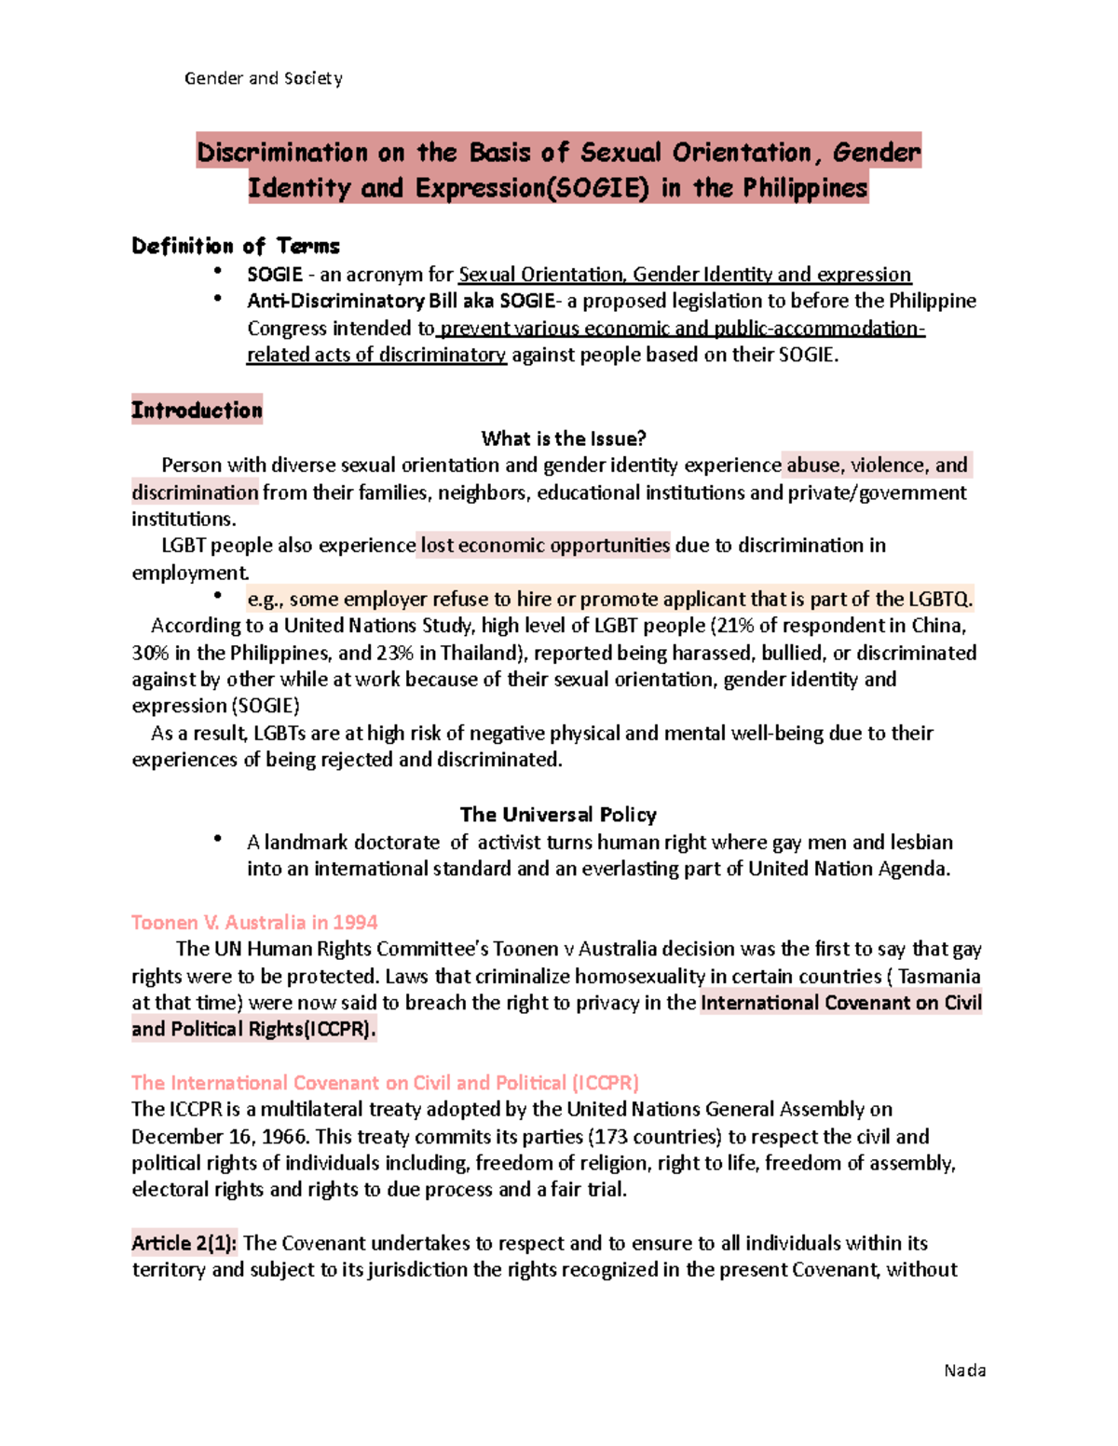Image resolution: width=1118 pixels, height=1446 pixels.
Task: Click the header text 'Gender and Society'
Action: [x=263, y=78]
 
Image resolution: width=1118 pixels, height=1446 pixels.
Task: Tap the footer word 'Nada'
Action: [x=964, y=1370]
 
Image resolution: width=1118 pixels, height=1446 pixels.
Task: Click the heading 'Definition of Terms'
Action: [x=236, y=246]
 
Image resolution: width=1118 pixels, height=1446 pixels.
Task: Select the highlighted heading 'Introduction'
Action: [x=197, y=410]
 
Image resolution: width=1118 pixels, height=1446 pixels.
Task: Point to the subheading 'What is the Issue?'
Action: [x=564, y=439]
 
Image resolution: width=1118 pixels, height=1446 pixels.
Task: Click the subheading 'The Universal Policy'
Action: [x=558, y=815]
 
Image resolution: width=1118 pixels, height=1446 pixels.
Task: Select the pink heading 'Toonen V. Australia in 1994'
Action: [x=254, y=923]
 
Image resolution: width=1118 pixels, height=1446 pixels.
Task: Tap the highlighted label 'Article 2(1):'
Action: [x=184, y=1243]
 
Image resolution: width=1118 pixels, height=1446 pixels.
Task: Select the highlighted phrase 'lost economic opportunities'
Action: [x=545, y=546]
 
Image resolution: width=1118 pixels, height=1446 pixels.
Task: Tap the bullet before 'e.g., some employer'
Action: [x=218, y=596]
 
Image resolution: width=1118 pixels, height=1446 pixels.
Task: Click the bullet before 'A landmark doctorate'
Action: [x=218, y=839]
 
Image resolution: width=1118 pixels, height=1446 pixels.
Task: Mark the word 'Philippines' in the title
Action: [x=805, y=188]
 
